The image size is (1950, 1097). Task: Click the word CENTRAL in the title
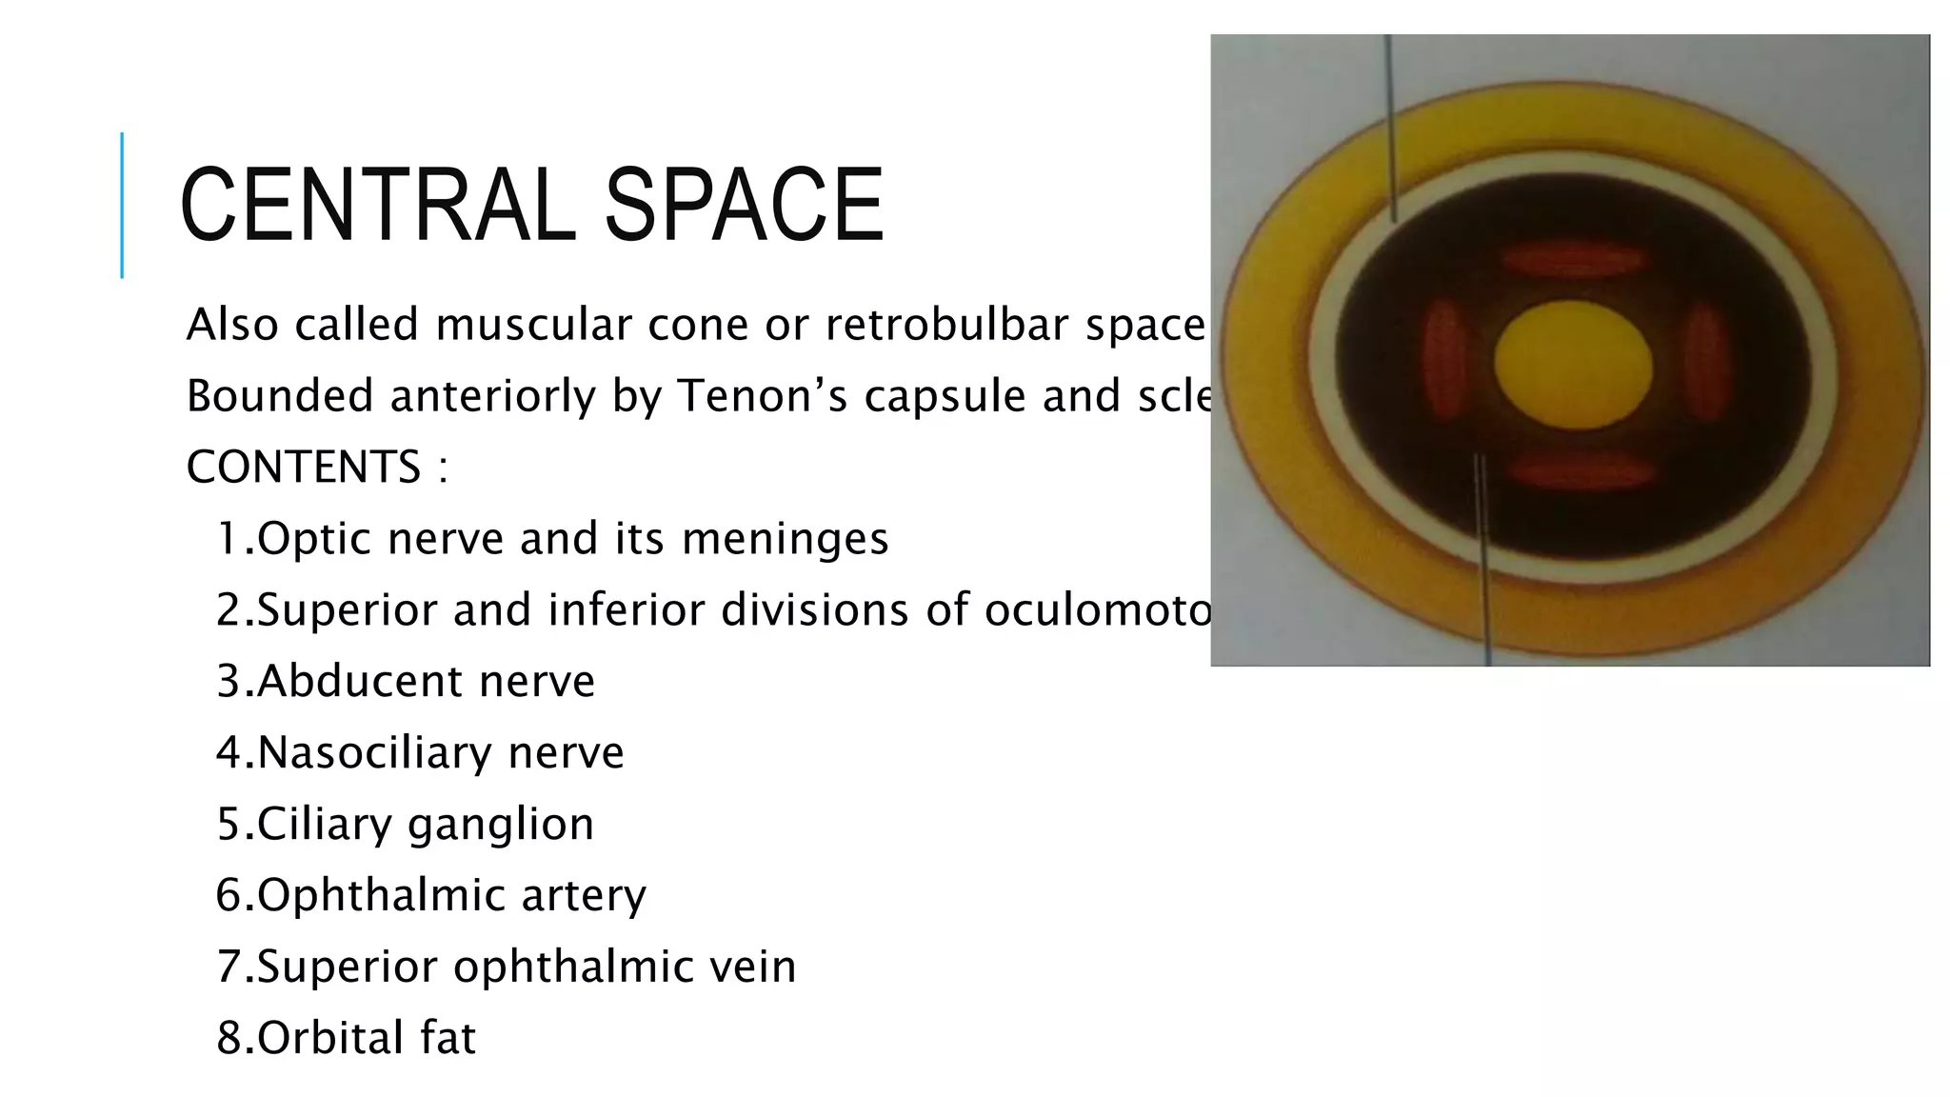pos(378,205)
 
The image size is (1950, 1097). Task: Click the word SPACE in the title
pos(744,205)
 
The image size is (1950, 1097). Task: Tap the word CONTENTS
pos(303,468)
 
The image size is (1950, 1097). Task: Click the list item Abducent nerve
pos(406,682)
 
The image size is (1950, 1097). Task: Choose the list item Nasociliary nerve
pos(420,753)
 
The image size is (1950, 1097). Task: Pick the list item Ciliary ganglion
pos(406,825)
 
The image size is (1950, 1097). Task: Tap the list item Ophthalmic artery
pos(431,896)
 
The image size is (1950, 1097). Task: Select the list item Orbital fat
pos(346,1038)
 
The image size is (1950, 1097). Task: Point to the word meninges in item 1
pos(786,539)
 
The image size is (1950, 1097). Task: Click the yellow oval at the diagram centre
pos(1573,365)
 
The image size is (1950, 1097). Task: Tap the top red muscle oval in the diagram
pos(1573,259)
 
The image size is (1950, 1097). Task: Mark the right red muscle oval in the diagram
pos(1706,363)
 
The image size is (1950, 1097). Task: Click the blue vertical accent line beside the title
pos(122,205)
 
